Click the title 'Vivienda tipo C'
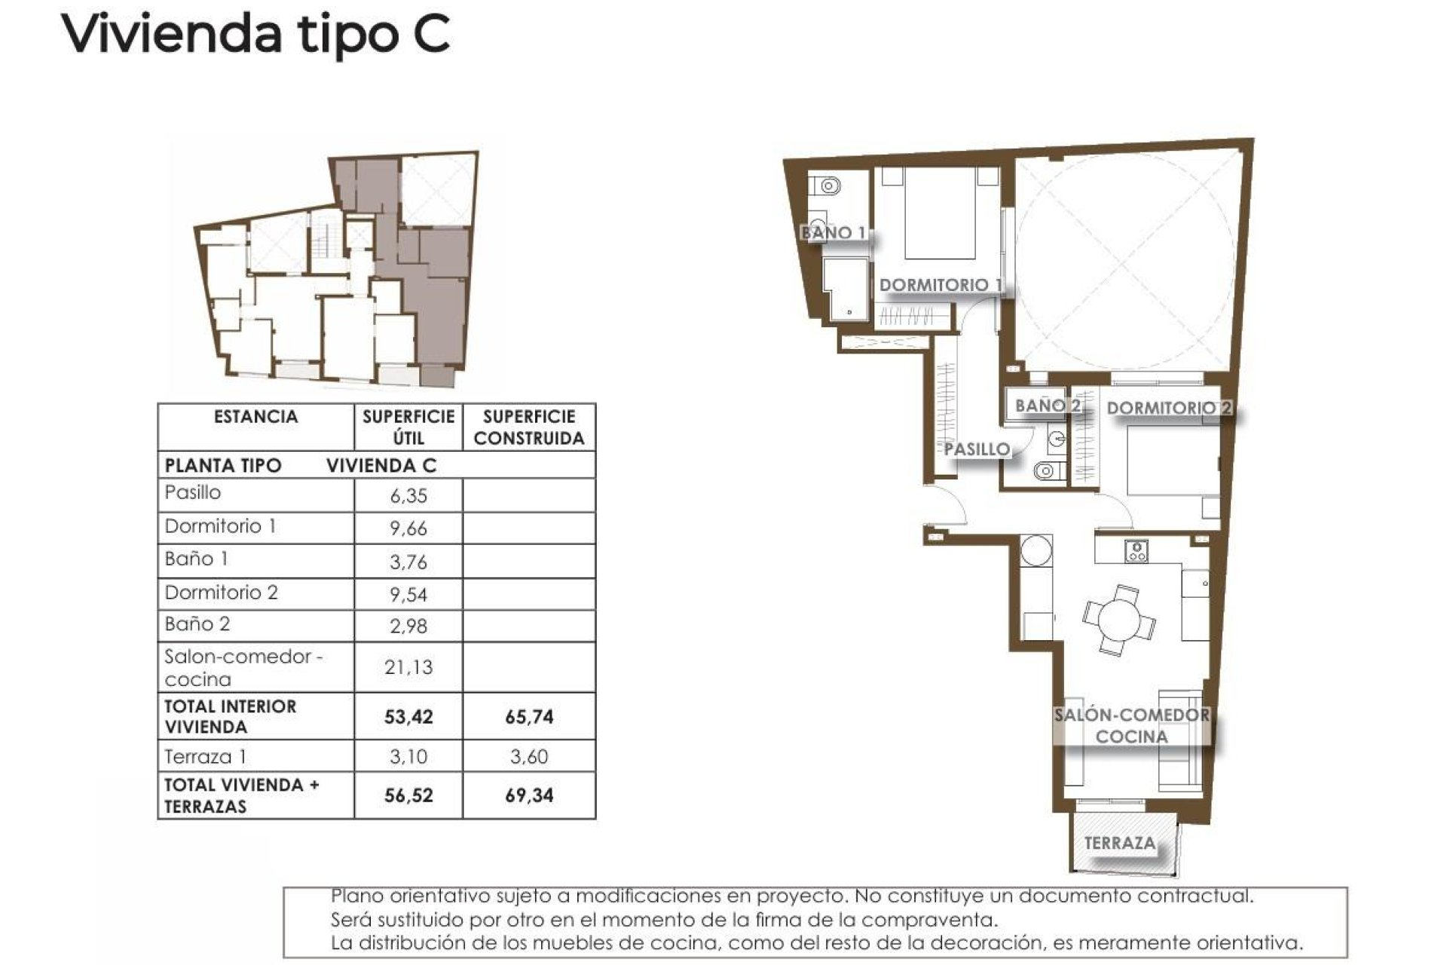pyautogui.click(x=255, y=34)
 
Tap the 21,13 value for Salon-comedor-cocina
pyautogui.click(x=408, y=667)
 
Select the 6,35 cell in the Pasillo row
pyautogui.click(x=408, y=495)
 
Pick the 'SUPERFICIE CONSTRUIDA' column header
pyautogui.click(x=528, y=427)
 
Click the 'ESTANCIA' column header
pyautogui.click(x=255, y=417)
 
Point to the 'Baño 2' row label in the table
pyautogui.click(x=197, y=624)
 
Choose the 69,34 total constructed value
pyautogui.click(x=528, y=795)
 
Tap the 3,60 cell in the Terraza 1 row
pyautogui.click(x=528, y=756)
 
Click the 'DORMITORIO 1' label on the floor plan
pyautogui.click(x=941, y=285)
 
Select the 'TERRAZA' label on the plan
pyautogui.click(x=1120, y=843)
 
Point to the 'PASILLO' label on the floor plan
pyautogui.click(x=977, y=449)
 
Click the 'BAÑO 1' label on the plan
pyautogui.click(x=834, y=233)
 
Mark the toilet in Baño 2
pyautogui.click(x=1045, y=471)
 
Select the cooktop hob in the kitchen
pyautogui.click(x=1136, y=552)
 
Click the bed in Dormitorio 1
pyautogui.click(x=940, y=215)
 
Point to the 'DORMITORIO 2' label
pyautogui.click(x=1168, y=409)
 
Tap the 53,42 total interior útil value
pyautogui.click(x=408, y=716)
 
